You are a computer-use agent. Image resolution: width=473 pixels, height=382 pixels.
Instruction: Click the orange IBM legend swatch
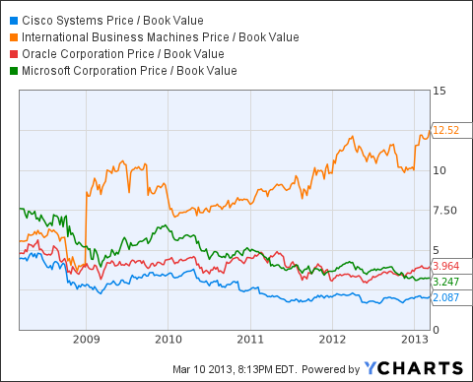(x=12, y=37)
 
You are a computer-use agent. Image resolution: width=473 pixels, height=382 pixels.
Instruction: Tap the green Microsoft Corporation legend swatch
(x=12, y=71)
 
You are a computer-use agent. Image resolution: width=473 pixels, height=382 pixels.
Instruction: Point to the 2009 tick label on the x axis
(x=86, y=338)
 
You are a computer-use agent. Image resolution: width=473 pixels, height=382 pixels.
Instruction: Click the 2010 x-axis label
(x=168, y=338)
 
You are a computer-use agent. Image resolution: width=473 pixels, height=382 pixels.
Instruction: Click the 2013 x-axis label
(x=414, y=338)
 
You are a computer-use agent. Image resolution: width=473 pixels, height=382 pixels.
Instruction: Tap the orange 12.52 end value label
(x=447, y=130)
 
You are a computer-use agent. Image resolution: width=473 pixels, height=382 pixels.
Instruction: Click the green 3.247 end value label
(x=447, y=280)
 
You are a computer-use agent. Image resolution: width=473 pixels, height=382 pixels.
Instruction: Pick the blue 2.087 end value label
(x=447, y=297)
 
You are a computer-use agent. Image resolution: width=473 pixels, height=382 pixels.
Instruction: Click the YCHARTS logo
(x=420, y=367)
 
